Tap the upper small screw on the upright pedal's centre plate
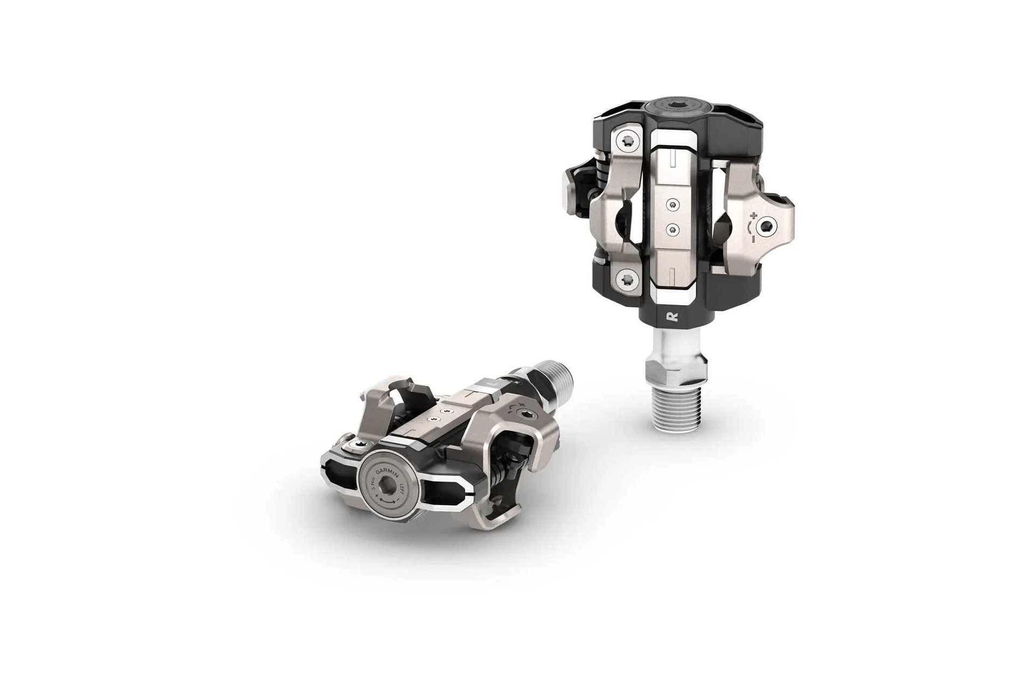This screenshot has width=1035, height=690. (672, 204)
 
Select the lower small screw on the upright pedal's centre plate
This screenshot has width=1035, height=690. (672, 229)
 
